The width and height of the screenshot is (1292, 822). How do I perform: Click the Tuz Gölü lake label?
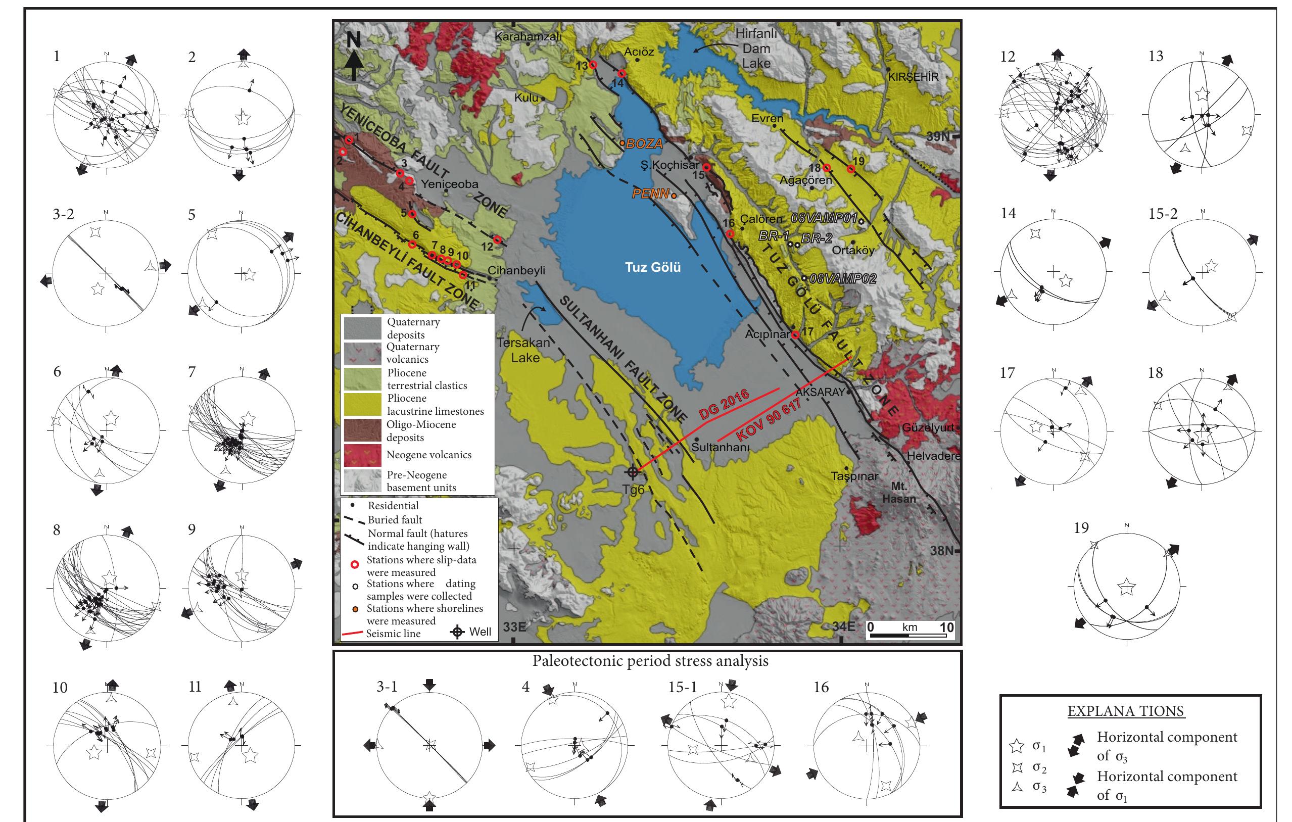tap(652, 267)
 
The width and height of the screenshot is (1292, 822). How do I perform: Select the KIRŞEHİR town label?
tap(914, 77)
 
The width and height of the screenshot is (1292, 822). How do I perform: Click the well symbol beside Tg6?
tap(633, 472)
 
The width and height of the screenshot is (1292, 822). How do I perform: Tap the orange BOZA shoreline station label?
tap(644, 144)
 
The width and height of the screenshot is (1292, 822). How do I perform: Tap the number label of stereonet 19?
tap(1081, 528)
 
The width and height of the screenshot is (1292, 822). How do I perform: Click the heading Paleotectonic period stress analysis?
tap(650, 661)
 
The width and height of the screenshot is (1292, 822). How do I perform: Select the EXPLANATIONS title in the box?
tap(1125, 711)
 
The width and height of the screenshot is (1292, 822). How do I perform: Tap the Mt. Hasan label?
tap(899, 493)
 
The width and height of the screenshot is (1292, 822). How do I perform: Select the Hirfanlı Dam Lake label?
tap(755, 49)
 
